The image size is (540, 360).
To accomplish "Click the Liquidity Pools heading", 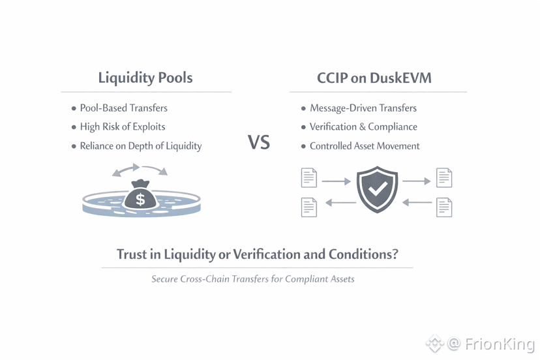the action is click(145, 78).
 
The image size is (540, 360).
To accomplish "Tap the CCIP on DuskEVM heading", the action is click(374, 78).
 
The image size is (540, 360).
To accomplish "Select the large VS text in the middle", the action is click(259, 142).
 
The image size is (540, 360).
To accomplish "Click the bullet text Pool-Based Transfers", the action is click(124, 108).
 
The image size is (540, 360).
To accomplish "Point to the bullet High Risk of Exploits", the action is click(123, 127).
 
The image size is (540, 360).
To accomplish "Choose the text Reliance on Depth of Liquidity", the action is click(141, 146).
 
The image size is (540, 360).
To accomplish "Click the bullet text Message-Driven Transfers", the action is click(363, 108).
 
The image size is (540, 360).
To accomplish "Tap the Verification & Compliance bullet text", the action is click(363, 127).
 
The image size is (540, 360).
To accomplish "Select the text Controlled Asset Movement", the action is click(365, 146).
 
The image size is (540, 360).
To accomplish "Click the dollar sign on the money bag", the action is click(140, 199).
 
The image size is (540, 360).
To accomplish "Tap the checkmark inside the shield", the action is click(378, 188).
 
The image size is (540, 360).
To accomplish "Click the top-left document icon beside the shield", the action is click(309, 178).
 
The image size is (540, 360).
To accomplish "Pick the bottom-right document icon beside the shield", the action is click(444, 207).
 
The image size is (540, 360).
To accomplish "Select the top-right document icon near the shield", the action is click(444, 178).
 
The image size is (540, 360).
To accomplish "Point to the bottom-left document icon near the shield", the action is click(309, 207).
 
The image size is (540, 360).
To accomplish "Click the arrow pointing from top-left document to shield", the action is click(336, 181).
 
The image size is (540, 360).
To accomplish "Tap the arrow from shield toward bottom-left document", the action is click(340, 203).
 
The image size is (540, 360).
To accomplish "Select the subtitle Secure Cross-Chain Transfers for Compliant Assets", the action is click(253, 278).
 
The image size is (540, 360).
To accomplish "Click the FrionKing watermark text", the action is click(500, 344).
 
